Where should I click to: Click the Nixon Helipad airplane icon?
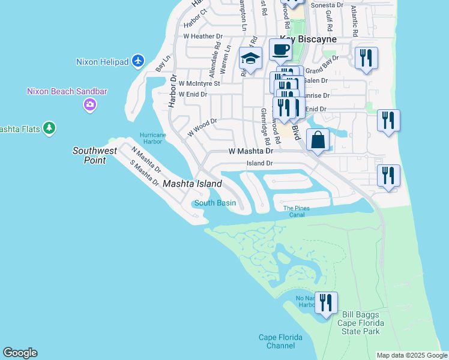pos(139,61)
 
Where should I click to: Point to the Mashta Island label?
pos(192,184)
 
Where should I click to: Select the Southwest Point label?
pos(95,155)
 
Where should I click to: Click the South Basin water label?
pos(215,203)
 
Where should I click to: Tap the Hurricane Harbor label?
pos(152,138)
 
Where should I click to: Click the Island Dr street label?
pos(260,163)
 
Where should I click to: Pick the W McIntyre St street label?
pos(199,83)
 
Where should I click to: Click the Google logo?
pos(20,353)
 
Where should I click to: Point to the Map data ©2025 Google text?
pos(411,355)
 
